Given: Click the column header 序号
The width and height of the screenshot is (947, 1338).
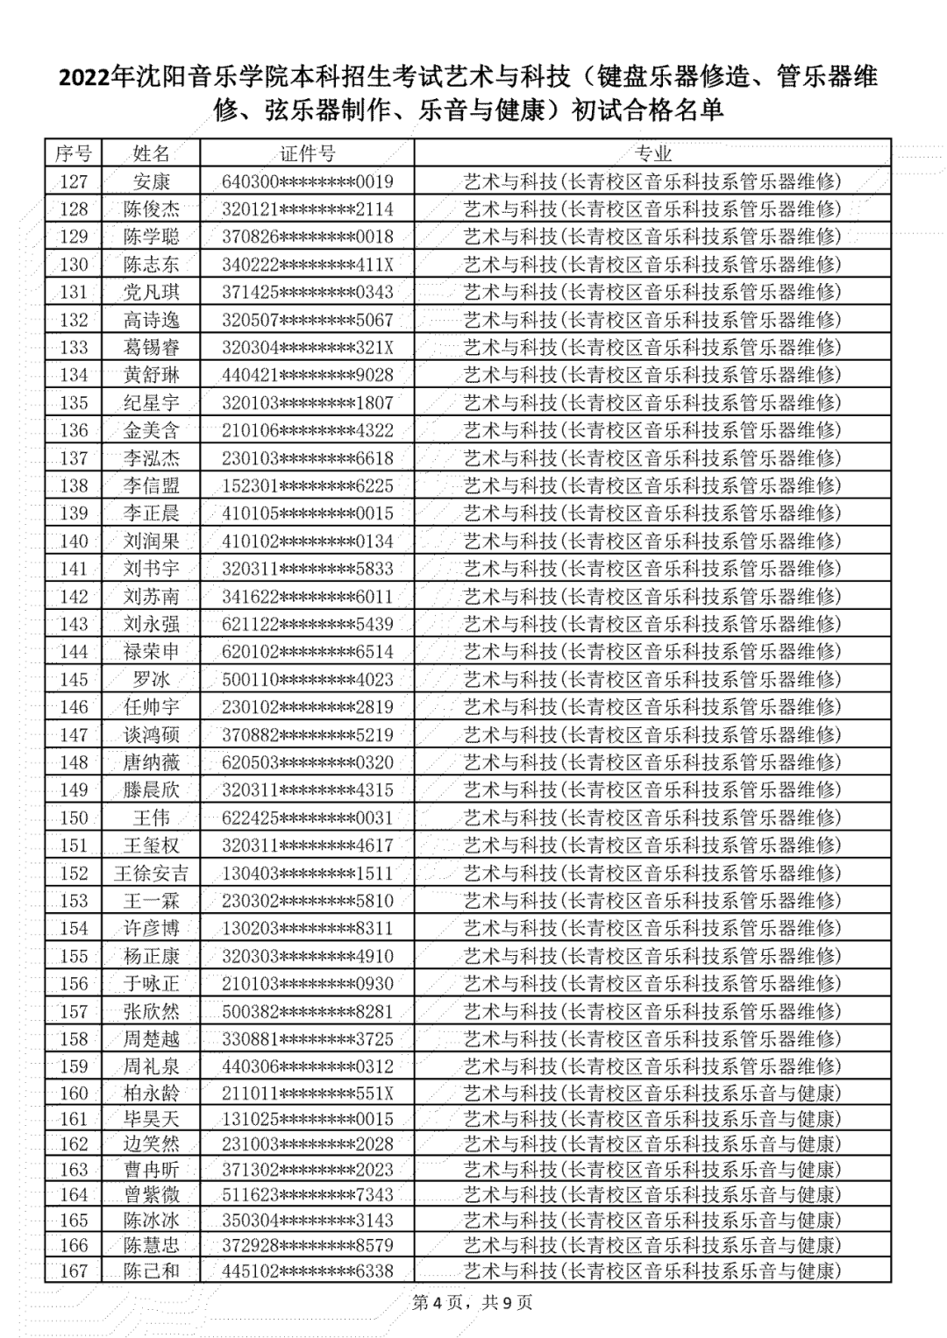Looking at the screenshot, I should (x=74, y=154).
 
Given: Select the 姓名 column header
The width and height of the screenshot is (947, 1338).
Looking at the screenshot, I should (x=151, y=154).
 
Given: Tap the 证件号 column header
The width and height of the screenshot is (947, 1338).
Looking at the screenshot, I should (x=307, y=154).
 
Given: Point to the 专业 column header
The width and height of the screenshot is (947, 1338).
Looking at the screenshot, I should (x=652, y=154).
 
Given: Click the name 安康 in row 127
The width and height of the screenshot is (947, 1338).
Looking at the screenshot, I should (x=151, y=181).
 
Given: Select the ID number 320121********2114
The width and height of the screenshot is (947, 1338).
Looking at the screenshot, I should (x=307, y=209).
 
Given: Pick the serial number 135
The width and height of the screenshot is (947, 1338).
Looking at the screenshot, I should (x=74, y=403).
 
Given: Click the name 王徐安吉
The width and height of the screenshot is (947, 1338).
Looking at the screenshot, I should (x=151, y=873).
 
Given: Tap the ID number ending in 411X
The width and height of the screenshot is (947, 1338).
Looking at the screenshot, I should (x=307, y=265).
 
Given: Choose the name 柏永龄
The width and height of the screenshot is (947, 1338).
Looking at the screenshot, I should (x=151, y=1094).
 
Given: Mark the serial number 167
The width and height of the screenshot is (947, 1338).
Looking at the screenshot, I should (x=74, y=1271).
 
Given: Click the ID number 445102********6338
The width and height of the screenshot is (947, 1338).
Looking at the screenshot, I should (x=307, y=1271).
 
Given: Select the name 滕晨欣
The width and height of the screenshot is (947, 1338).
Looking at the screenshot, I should (x=151, y=790).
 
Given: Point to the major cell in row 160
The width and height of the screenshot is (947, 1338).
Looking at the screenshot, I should (x=652, y=1094).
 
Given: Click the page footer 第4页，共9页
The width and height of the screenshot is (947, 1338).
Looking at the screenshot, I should (x=473, y=1303).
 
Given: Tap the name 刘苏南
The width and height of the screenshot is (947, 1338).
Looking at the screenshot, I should (x=151, y=597).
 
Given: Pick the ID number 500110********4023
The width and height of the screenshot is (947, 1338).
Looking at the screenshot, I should (x=307, y=680).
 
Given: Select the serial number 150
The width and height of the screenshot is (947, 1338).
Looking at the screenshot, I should (x=74, y=818).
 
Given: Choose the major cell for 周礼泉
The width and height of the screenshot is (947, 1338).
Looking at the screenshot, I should (x=652, y=1066).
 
